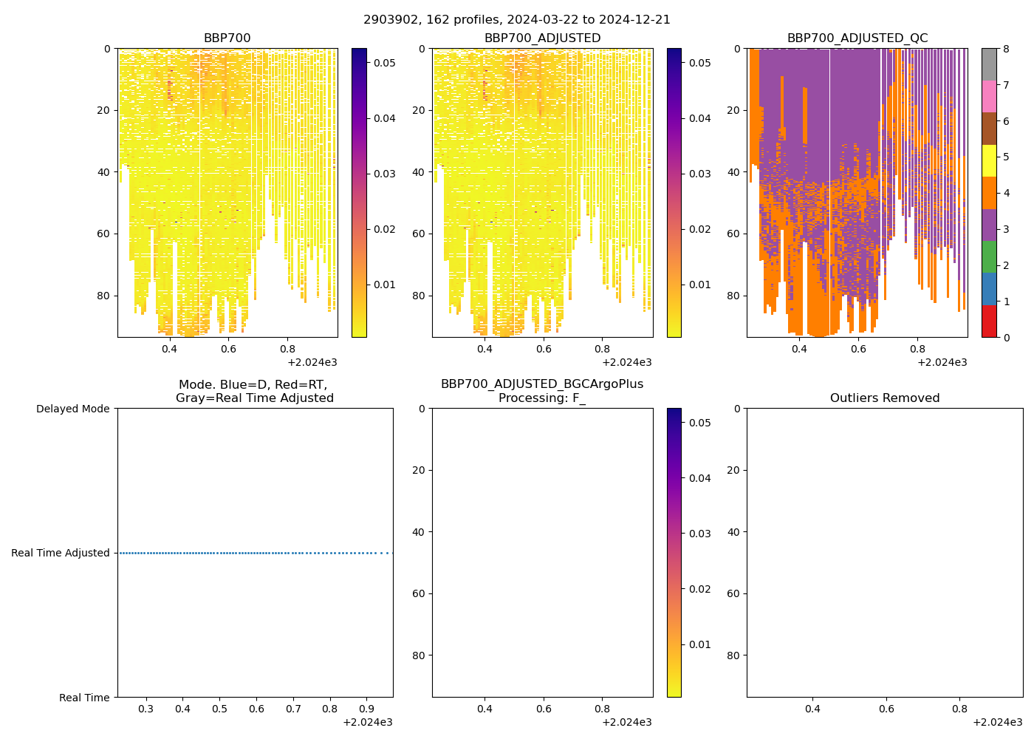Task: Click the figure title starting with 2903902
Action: pyautogui.click(x=516, y=20)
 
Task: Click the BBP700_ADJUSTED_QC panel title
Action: pyautogui.click(x=857, y=38)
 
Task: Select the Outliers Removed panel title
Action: pyautogui.click(x=884, y=398)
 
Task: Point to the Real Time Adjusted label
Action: pyautogui.click(x=61, y=553)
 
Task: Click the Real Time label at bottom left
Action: pyautogui.click(x=84, y=698)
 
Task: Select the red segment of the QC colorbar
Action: pyautogui.click(x=989, y=321)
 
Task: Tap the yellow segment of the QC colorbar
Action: pyautogui.click(x=989, y=161)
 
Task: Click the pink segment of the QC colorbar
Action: pyautogui.click(x=989, y=97)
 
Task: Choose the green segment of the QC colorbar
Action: pyautogui.click(x=989, y=257)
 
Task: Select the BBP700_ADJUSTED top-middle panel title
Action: pyautogui.click(x=542, y=38)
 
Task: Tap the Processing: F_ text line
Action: pyautogui.click(x=542, y=398)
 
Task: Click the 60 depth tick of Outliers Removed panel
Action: pyautogui.click(x=734, y=593)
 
